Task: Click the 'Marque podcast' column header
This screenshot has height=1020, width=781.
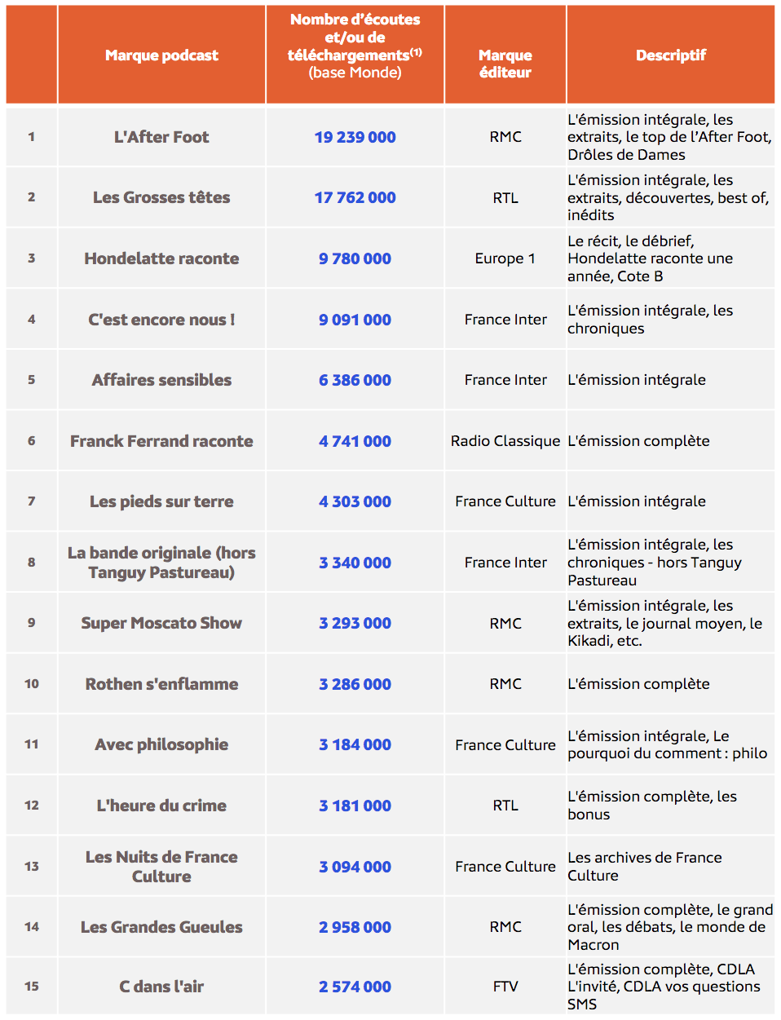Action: pyautogui.click(x=161, y=55)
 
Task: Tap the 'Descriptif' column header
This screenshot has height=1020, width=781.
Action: pyautogui.click(x=670, y=55)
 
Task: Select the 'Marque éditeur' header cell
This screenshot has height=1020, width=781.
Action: pyautogui.click(x=505, y=64)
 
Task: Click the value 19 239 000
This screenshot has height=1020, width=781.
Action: pyautogui.click(x=355, y=137)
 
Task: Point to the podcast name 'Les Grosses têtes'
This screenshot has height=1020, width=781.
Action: pyautogui.click(x=161, y=197)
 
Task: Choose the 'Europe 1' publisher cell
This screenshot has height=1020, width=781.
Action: pyautogui.click(x=505, y=258)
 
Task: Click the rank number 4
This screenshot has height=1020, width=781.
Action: pyautogui.click(x=32, y=320)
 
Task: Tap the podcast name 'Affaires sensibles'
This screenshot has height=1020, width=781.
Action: pyautogui.click(x=161, y=380)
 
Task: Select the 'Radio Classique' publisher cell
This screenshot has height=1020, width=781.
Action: pyautogui.click(x=505, y=441)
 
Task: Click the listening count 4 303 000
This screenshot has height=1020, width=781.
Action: pyautogui.click(x=355, y=501)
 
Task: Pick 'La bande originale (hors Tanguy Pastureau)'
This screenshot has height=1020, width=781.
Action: pyautogui.click(x=161, y=563)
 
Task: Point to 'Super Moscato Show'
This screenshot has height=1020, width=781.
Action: pyautogui.click(x=161, y=623)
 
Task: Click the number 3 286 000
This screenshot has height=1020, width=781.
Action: pyautogui.click(x=355, y=684)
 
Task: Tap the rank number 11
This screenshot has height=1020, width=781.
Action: pyautogui.click(x=32, y=744)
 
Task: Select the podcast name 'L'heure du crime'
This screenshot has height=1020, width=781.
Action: pyautogui.click(x=161, y=806)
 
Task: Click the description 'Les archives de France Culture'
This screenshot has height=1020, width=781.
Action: pyautogui.click(x=644, y=866)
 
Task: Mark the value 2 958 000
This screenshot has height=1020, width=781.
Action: pyautogui.click(x=355, y=927)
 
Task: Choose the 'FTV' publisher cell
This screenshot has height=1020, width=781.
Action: pyautogui.click(x=505, y=987)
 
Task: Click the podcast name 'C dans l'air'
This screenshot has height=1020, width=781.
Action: pyautogui.click(x=161, y=987)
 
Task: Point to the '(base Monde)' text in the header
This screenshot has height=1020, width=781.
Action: pyautogui.click(x=355, y=73)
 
